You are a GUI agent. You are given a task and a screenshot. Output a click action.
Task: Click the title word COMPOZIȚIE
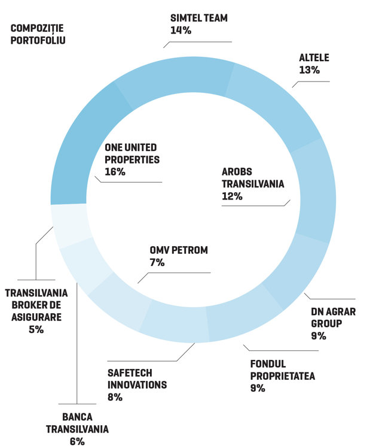click(x=37, y=29)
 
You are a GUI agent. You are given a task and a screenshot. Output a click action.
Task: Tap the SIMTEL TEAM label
click(x=199, y=18)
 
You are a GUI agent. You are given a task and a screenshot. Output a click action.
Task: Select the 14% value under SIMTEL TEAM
click(x=181, y=31)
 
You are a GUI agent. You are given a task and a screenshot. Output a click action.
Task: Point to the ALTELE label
click(x=314, y=57)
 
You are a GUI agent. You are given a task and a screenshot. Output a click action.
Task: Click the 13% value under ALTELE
click(x=309, y=70)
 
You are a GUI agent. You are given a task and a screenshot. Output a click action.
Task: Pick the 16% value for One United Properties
click(x=115, y=172)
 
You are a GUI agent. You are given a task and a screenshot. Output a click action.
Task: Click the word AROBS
click(x=237, y=172)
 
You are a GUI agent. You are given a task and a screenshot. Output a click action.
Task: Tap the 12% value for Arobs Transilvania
click(x=232, y=196)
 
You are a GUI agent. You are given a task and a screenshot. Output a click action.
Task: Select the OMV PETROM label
click(x=179, y=250)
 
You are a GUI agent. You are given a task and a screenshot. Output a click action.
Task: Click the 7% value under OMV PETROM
click(x=157, y=262)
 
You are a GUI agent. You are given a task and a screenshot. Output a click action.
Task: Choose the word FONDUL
click(x=268, y=364)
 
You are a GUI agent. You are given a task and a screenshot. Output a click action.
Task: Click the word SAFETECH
click(x=130, y=373)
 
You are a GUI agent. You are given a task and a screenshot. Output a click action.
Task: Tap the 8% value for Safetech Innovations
click(x=115, y=397)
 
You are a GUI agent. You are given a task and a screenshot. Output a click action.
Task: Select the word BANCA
click(x=77, y=417)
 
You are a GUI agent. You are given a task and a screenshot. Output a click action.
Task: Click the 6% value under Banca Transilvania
click(x=77, y=442)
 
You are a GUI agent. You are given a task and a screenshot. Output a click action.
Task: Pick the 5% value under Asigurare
click(x=36, y=330)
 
